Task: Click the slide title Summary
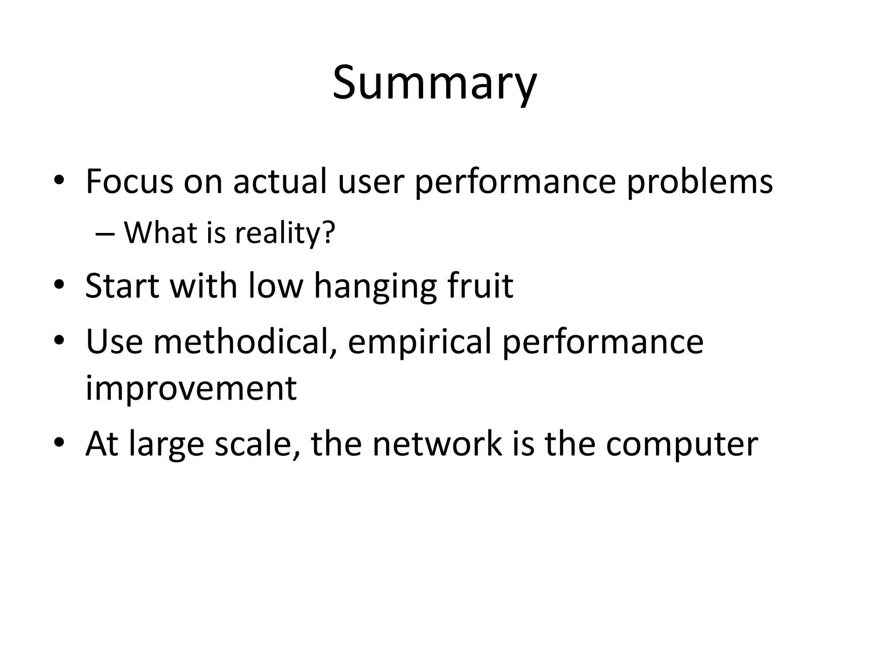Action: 434,83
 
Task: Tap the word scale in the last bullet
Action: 257,444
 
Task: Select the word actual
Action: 280,182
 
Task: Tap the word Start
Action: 122,286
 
